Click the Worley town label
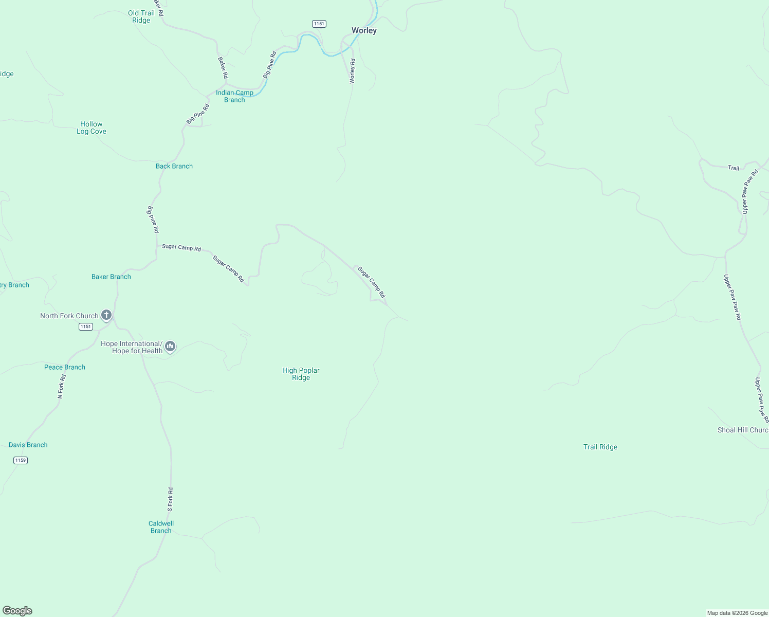[x=364, y=31]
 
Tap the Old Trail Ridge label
[x=141, y=17]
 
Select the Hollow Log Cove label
[x=91, y=128]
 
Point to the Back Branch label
[x=174, y=166]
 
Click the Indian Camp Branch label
[x=234, y=96]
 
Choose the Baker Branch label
[x=111, y=277]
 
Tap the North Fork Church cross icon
[x=106, y=315]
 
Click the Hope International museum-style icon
[x=170, y=347]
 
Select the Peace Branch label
[x=65, y=367]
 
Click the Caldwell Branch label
[x=161, y=527]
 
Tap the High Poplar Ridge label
[x=301, y=374]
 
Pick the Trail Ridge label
[x=600, y=447]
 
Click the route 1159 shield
[x=20, y=460]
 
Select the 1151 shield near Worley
[x=319, y=24]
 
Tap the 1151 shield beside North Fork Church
[x=86, y=326]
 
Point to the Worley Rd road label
[x=352, y=71]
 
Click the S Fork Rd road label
[x=170, y=499]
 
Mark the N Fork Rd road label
[x=61, y=387]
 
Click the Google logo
[x=17, y=611]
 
